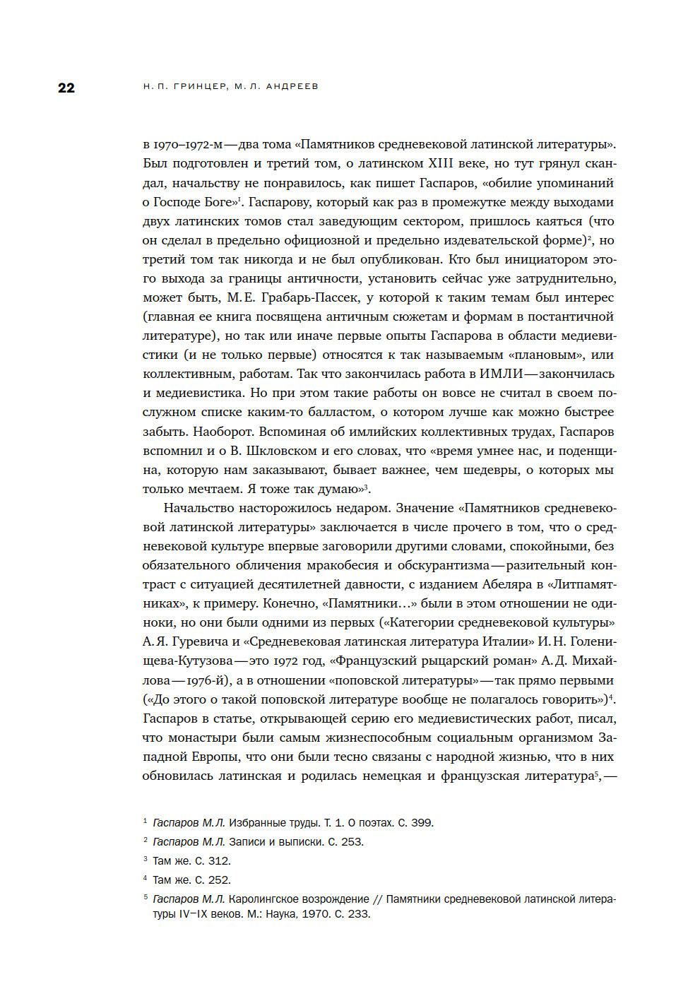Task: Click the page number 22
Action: [x=66, y=88]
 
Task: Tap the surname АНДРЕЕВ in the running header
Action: [x=292, y=86]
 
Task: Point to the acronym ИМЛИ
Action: [x=501, y=374]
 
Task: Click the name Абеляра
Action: [x=509, y=584]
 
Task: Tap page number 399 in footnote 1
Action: [x=422, y=823]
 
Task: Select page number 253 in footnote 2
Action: [x=352, y=842]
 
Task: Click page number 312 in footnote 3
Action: [x=219, y=861]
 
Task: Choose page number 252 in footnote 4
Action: [x=219, y=880]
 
